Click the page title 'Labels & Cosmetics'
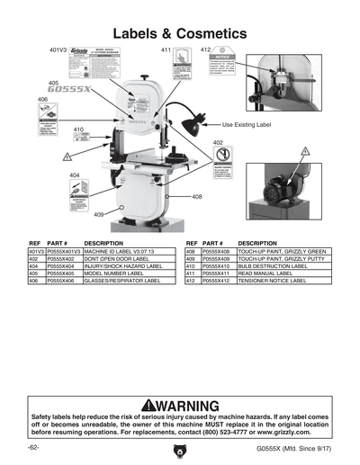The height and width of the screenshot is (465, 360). (180, 31)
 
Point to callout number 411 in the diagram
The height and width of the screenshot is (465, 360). (165, 51)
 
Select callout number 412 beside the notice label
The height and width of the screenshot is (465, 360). (204, 50)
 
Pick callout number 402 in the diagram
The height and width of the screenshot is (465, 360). (218, 142)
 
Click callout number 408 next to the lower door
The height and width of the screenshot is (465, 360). (196, 196)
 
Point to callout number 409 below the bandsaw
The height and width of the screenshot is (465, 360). (101, 215)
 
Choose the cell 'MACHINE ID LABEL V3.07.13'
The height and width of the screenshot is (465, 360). (120, 251)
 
